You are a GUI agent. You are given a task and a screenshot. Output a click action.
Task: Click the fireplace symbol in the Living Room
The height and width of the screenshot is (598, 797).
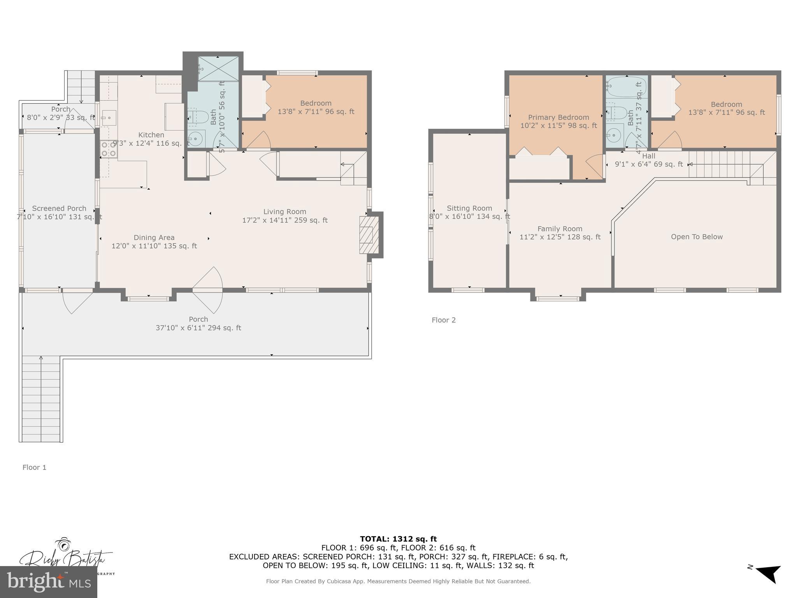[x=369, y=235]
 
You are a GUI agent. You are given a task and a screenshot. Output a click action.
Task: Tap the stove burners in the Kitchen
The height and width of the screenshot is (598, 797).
[x=109, y=149]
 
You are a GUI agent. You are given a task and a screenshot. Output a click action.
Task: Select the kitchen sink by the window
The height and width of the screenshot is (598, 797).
[x=109, y=117]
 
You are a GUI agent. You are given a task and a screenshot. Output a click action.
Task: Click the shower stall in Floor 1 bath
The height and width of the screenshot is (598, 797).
[x=218, y=69]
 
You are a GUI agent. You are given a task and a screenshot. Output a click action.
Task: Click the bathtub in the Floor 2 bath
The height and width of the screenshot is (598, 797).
[x=626, y=87]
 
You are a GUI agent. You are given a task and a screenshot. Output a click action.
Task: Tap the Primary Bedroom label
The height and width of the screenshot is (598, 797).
[x=558, y=117]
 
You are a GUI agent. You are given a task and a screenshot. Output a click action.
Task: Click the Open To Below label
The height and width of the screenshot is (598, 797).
[x=697, y=237]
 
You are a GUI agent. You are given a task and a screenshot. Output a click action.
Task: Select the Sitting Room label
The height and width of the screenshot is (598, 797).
[x=469, y=208]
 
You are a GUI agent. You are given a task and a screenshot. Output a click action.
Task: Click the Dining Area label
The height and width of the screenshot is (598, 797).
[x=154, y=237]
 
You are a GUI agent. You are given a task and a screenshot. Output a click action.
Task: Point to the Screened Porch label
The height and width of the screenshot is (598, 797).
[x=59, y=208]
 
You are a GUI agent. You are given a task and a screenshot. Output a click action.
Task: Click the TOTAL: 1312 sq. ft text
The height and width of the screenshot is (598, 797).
[x=398, y=539]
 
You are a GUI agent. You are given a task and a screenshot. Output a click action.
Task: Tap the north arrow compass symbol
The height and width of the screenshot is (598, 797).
[x=769, y=574]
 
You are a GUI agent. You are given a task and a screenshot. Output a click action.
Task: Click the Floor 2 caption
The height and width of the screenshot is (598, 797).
[x=443, y=320]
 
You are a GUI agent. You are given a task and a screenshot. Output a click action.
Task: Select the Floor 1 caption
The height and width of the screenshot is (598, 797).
[x=34, y=467]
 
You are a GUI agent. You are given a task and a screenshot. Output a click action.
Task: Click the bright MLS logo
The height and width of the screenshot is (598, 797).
[x=49, y=582]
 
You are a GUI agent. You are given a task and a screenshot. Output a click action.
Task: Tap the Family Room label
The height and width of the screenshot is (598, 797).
[x=560, y=229]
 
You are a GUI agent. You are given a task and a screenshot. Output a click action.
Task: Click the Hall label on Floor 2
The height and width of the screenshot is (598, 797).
[x=649, y=156]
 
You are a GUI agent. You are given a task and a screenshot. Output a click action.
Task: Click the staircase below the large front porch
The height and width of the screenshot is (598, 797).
[x=41, y=399]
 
